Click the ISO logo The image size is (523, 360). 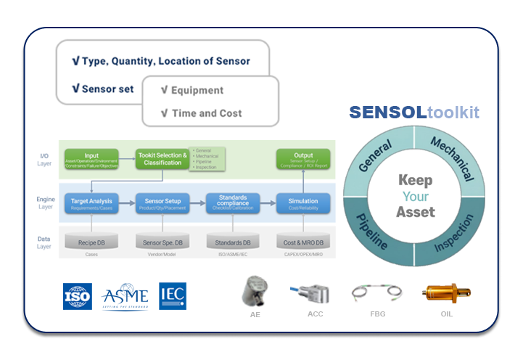pyautogui.click(x=78, y=296)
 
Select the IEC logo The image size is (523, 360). pyautogui.click(x=173, y=296)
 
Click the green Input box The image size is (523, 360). pyautogui.click(x=91, y=158)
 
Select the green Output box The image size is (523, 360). pyautogui.click(x=303, y=158)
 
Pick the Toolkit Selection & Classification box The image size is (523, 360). pyautogui.click(x=161, y=158)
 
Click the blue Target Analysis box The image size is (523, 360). pyautogui.click(x=91, y=203)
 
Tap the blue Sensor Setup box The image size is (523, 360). pyautogui.click(x=162, y=203)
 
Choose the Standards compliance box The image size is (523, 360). pyautogui.click(x=233, y=203)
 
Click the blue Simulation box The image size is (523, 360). pyautogui.click(x=303, y=203)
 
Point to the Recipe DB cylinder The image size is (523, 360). pyautogui.click(x=91, y=242)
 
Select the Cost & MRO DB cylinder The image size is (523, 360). pyautogui.click(x=303, y=242)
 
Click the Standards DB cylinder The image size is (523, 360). pyautogui.click(x=233, y=242)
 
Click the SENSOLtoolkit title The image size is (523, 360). pyautogui.click(x=414, y=112)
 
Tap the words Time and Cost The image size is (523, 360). pyautogui.click(x=207, y=113)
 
